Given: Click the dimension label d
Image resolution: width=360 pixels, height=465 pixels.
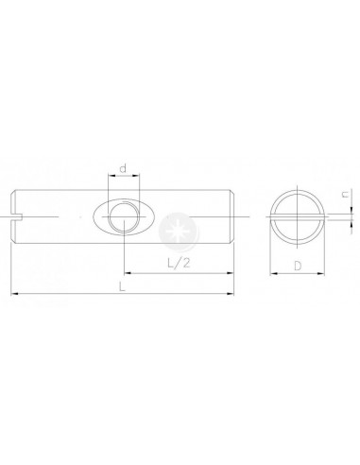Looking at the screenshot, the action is point(123,168).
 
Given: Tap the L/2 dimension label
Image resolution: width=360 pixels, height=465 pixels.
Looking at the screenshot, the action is point(179,263).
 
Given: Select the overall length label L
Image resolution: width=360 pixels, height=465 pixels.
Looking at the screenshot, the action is point(122,286).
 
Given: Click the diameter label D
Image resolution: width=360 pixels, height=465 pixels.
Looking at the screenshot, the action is point(298,266).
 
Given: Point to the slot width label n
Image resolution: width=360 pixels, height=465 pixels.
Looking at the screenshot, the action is point(346,195).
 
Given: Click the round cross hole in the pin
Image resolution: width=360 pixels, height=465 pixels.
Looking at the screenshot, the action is point(124,217).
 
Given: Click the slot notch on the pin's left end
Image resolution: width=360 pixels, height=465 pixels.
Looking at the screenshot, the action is point(16,216).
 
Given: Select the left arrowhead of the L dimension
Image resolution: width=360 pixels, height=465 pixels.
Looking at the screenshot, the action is point(15,294).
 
